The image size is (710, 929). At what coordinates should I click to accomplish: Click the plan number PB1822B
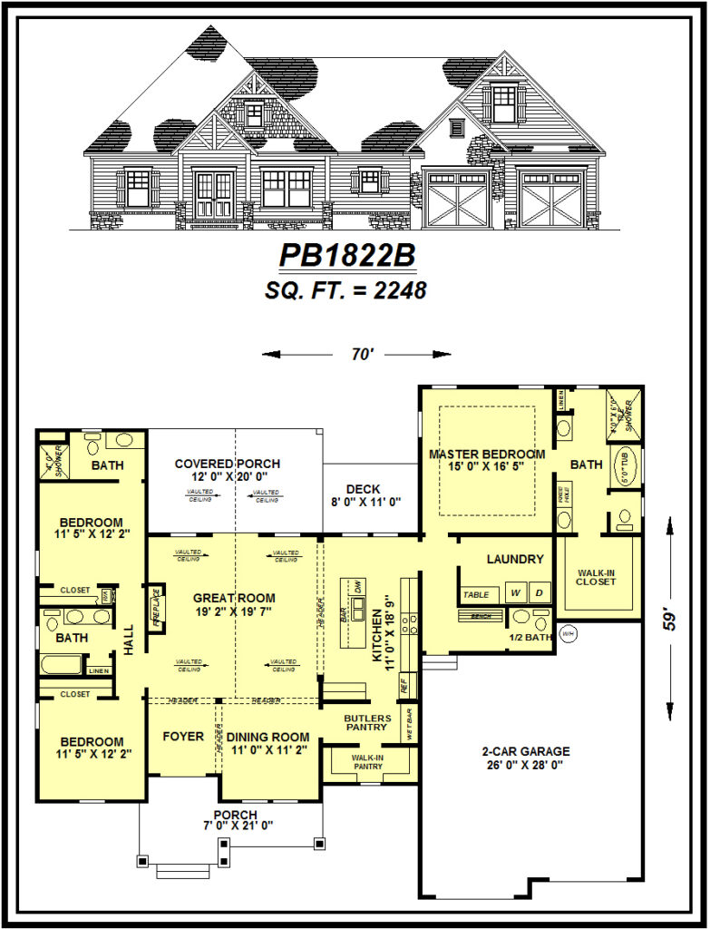pyautogui.click(x=348, y=255)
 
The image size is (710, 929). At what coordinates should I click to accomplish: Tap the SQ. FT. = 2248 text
pyautogui.click(x=348, y=291)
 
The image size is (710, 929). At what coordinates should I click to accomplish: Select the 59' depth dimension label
pyautogui.click(x=670, y=619)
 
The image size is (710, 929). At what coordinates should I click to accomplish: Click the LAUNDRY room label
pyautogui.click(x=514, y=560)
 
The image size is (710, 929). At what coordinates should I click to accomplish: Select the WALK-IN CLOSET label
pyautogui.click(x=597, y=577)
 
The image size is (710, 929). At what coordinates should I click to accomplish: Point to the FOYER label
pyautogui.click(x=183, y=737)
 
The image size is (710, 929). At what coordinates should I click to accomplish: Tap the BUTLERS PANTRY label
pyautogui.click(x=366, y=722)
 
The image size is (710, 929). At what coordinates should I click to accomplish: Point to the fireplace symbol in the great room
pyautogui.click(x=155, y=609)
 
